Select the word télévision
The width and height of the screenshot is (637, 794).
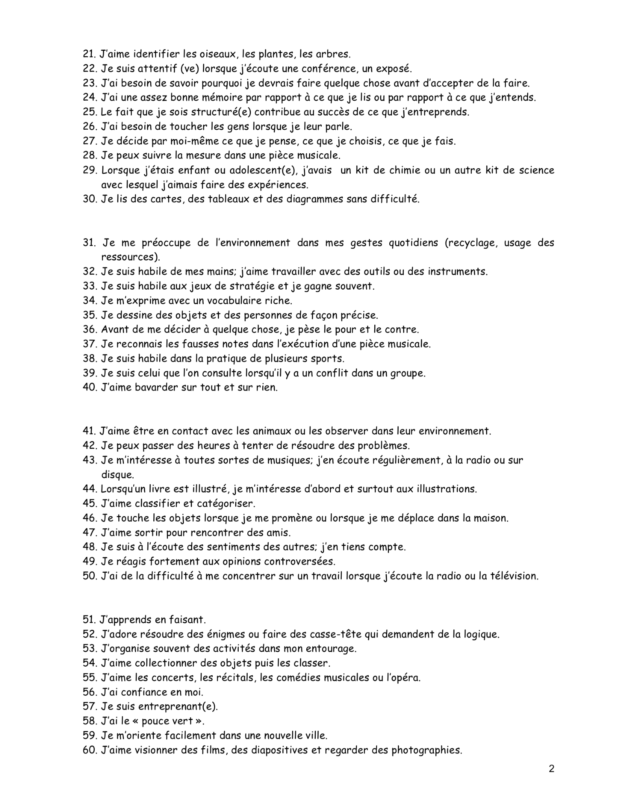512,576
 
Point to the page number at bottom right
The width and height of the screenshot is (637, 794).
551,769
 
